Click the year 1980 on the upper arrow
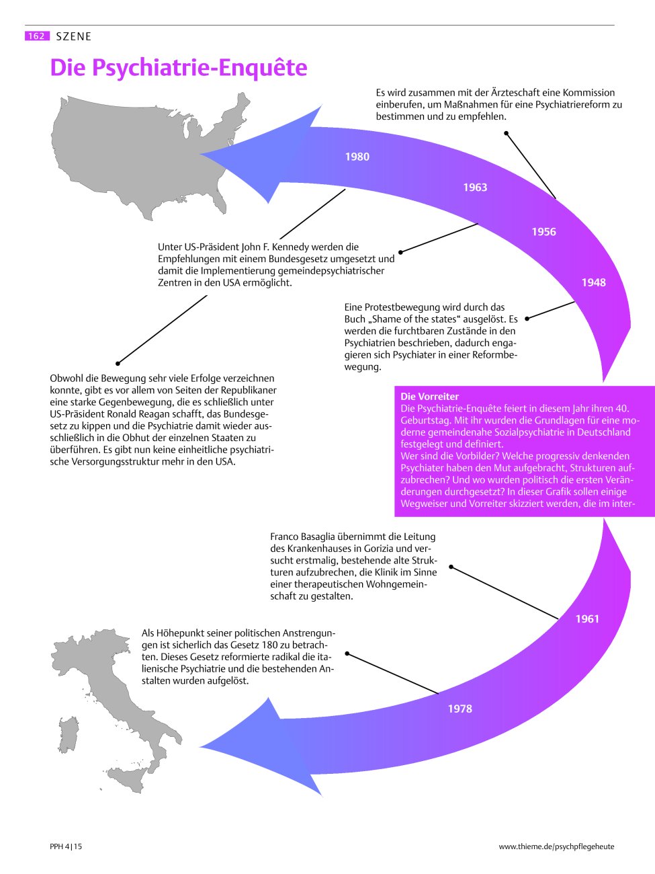click(x=357, y=157)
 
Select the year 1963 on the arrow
click(x=475, y=187)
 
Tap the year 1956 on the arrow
click(x=543, y=232)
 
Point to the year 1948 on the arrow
click(x=593, y=283)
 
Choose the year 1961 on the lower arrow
click(x=587, y=619)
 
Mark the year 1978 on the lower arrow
click(x=460, y=709)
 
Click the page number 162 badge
click(x=37, y=36)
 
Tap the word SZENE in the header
click(x=74, y=36)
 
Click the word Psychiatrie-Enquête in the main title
click(x=200, y=68)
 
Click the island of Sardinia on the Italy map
click(x=68, y=735)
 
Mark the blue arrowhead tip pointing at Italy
click(x=200, y=746)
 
